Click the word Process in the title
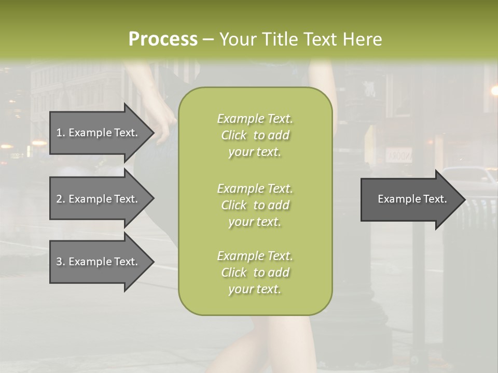(x=162, y=39)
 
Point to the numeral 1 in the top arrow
(x=59, y=133)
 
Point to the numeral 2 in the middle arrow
(x=59, y=199)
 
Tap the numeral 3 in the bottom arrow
(x=59, y=262)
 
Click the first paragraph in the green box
(x=255, y=135)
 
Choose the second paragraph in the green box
(x=255, y=205)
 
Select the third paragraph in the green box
(x=255, y=272)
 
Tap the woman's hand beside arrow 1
(x=165, y=132)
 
